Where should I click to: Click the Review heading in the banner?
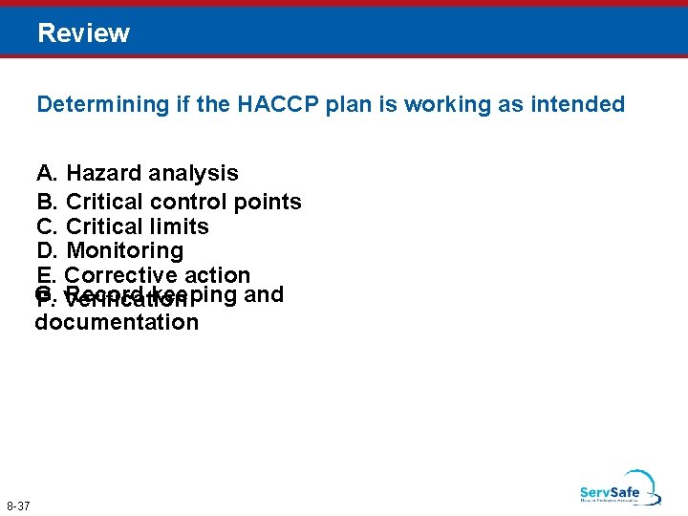pyautogui.click(x=83, y=33)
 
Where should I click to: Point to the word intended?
pyautogui.click(x=583, y=104)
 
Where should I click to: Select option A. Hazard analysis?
pyautogui.click(x=138, y=174)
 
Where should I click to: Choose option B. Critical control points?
pyautogui.click(x=169, y=203)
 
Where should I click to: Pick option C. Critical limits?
pyautogui.click(x=122, y=227)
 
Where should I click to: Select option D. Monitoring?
pyautogui.click(x=110, y=251)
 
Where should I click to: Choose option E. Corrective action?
pyautogui.click(x=143, y=276)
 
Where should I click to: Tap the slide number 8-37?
pyautogui.click(x=18, y=505)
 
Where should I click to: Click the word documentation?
pyautogui.click(x=117, y=322)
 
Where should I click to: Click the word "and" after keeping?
pyautogui.click(x=265, y=294)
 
